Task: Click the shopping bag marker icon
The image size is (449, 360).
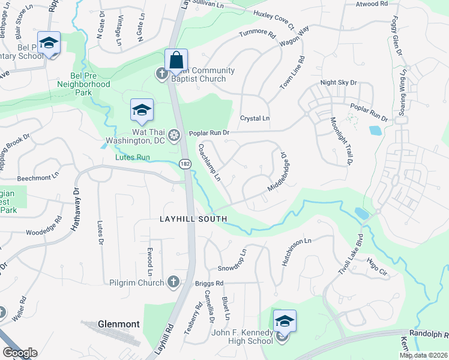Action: [x=176, y=60]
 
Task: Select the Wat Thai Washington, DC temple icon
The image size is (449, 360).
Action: [x=174, y=136]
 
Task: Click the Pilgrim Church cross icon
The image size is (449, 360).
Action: [x=173, y=281]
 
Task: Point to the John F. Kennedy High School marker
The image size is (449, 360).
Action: [x=285, y=322]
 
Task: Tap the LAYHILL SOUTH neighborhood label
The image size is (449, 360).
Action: [x=193, y=219]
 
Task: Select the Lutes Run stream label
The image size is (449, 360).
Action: [x=132, y=158]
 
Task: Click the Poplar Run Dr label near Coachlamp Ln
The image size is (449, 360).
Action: [x=209, y=133]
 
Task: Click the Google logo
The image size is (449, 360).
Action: [x=20, y=353]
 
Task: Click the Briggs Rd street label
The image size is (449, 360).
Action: [x=209, y=283]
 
